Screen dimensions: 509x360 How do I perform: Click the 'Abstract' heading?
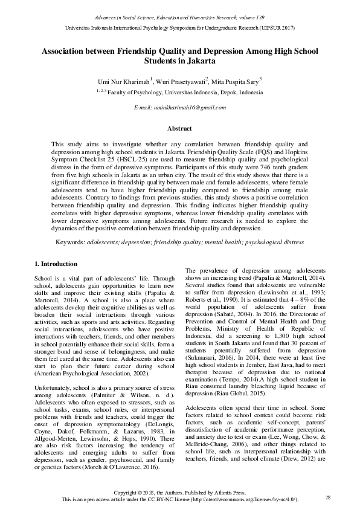point(179,128)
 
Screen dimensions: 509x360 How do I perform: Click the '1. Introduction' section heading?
point(56,264)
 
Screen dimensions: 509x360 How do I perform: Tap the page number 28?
point(328,497)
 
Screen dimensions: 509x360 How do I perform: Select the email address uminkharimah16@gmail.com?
point(180,107)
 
